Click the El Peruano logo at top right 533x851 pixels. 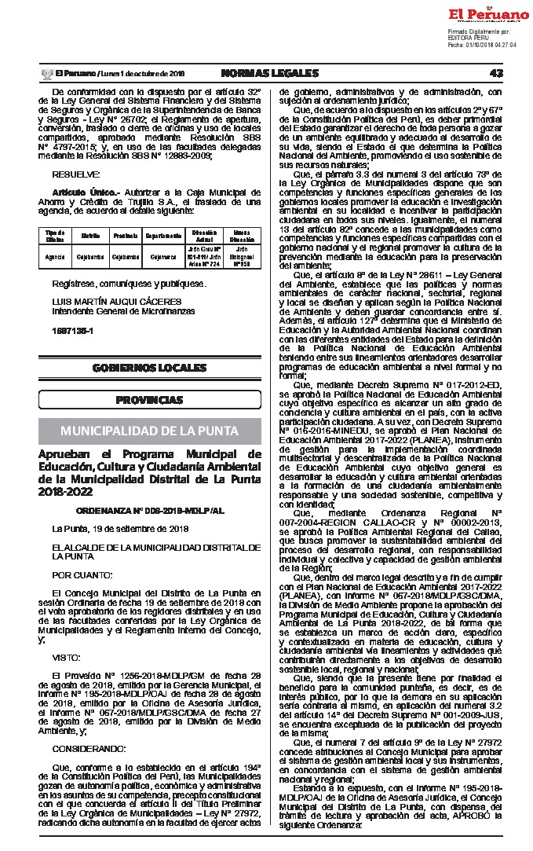tap(488, 15)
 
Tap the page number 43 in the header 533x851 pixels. tap(495, 74)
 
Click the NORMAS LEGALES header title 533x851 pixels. tap(270, 74)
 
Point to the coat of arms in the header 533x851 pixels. tap(45, 74)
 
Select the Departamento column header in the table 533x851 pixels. tap(163, 235)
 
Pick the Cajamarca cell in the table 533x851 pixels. tap(163, 256)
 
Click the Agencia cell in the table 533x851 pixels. tap(55, 256)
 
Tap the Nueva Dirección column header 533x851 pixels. tap(242, 235)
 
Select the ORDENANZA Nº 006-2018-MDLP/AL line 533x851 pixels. tap(150, 510)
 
